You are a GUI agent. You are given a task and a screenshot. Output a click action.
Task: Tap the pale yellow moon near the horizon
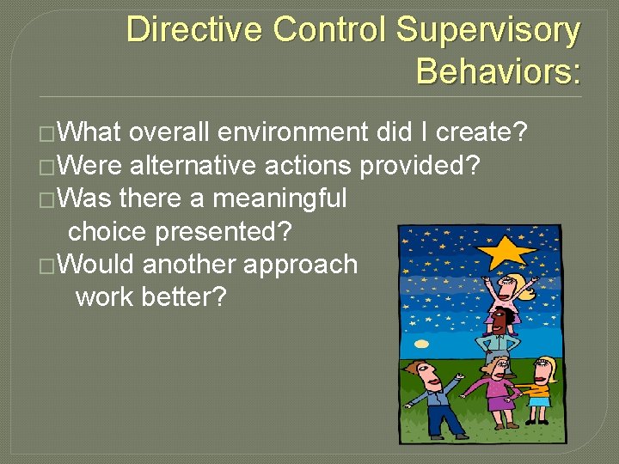tap(421, 344)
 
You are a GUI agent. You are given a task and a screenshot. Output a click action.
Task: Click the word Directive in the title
tap(194, 30)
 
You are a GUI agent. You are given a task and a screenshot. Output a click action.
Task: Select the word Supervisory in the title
tap(487, 30)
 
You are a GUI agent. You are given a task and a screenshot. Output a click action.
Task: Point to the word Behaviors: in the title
tap(498, 71)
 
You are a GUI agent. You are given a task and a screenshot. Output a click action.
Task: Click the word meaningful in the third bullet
tap(279, 198)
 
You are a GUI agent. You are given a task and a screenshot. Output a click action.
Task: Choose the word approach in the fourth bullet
tap(300, 264)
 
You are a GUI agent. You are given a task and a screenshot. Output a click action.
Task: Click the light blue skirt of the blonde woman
tap(538, 401)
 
